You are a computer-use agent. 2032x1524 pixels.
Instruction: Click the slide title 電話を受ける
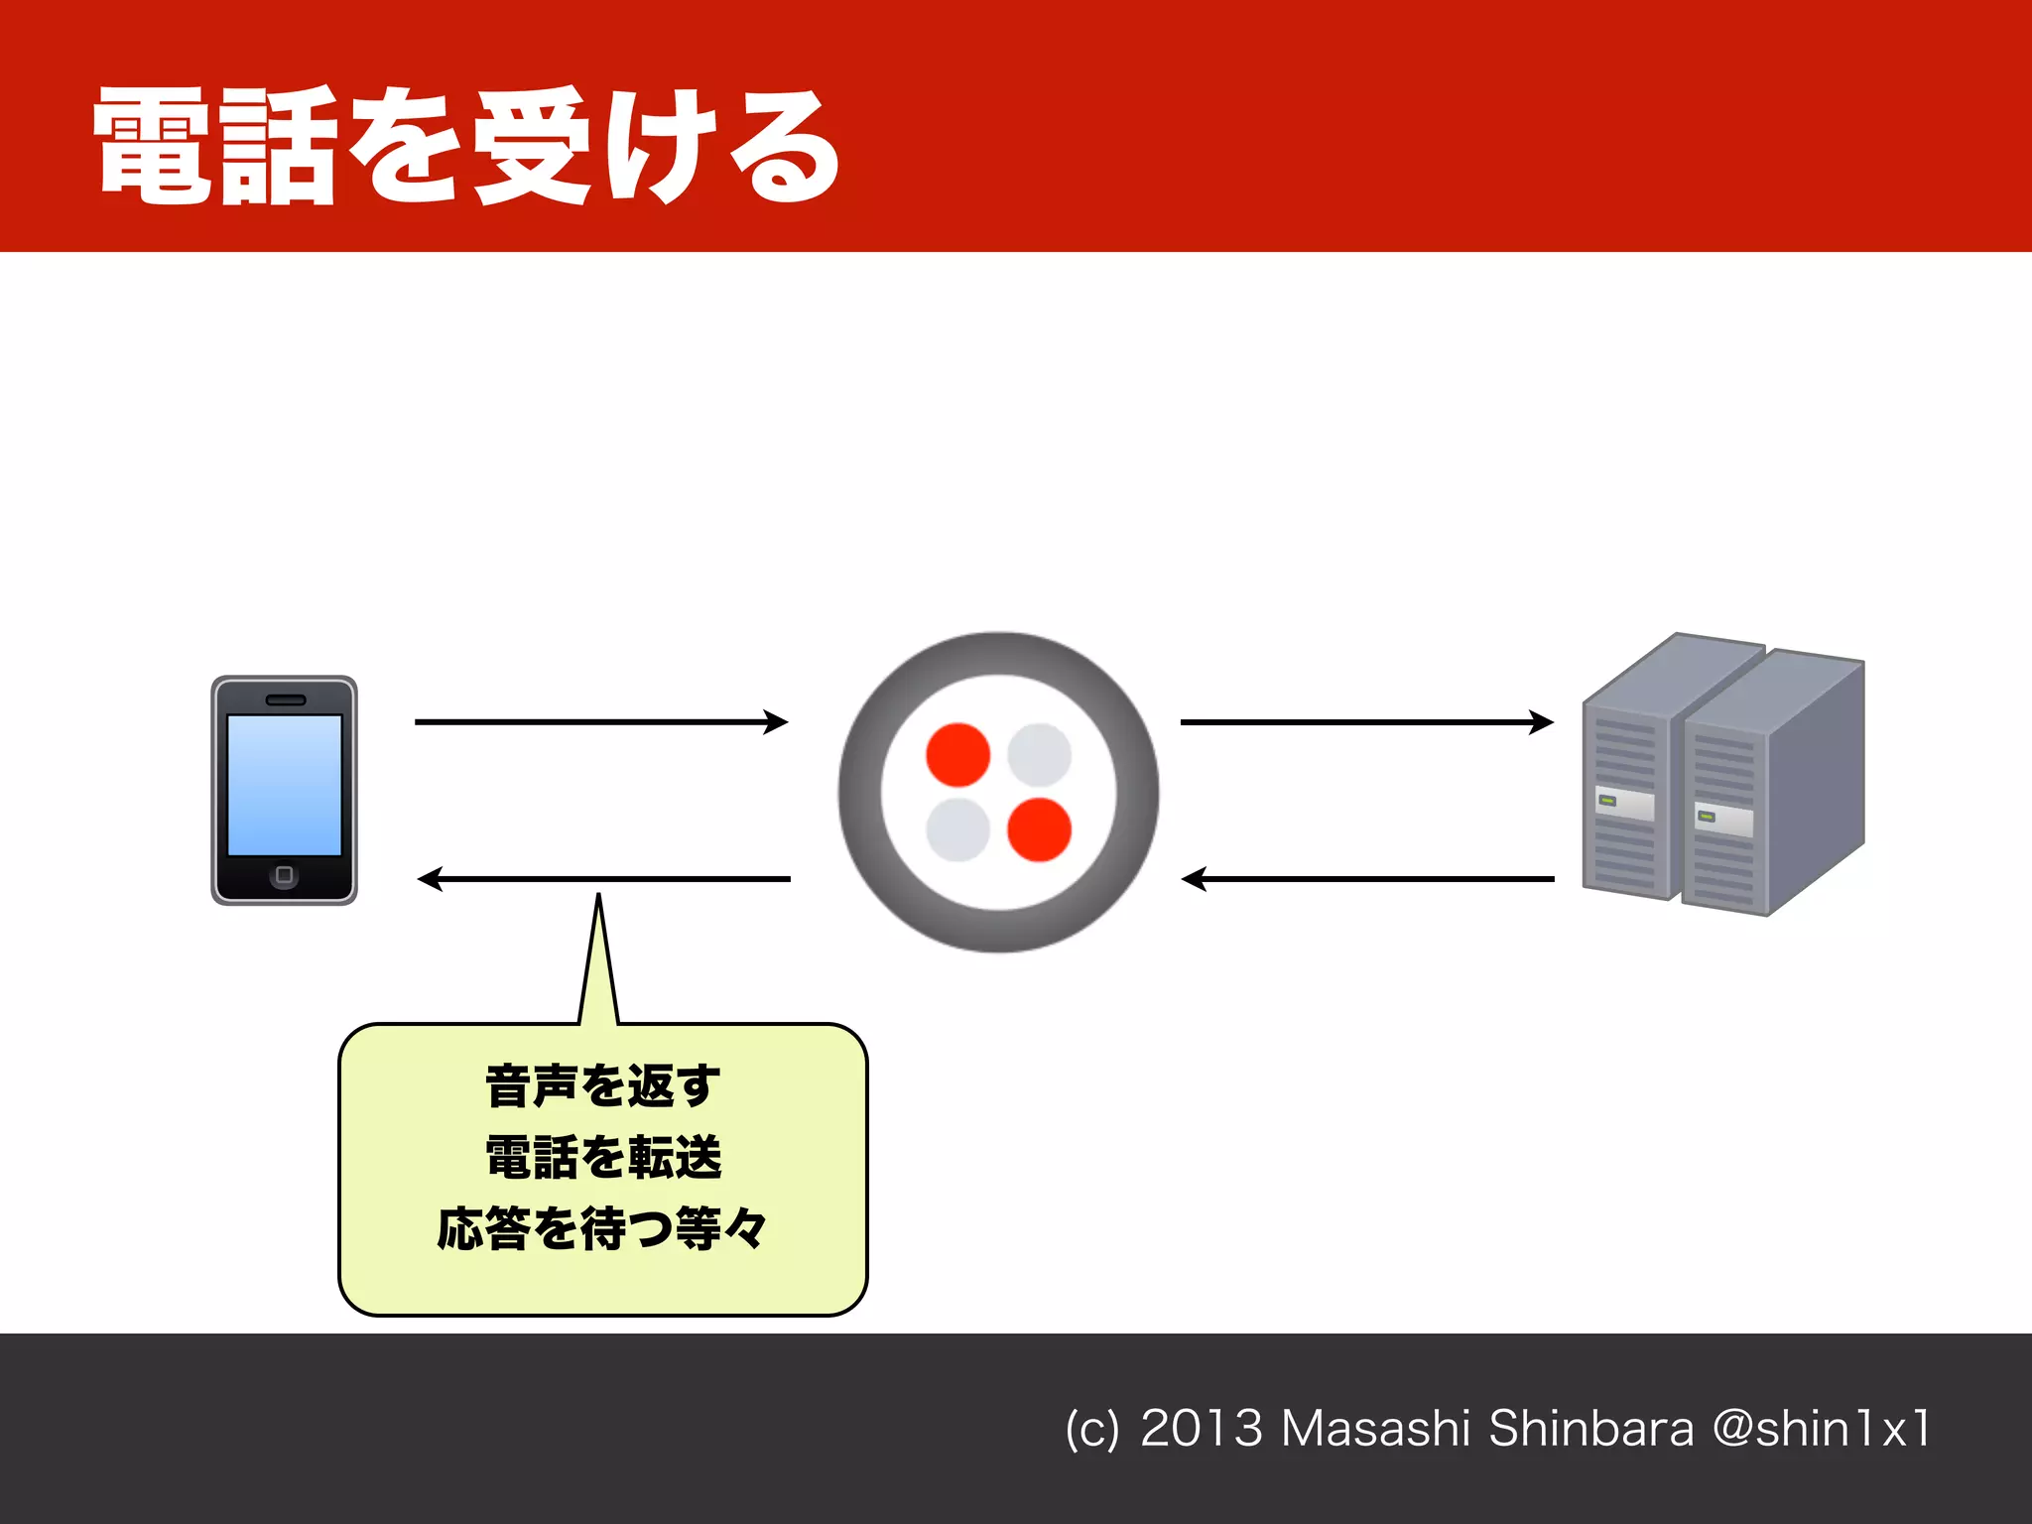[x=466, y=147]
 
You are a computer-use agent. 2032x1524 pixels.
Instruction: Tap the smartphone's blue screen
[x=285, y=785]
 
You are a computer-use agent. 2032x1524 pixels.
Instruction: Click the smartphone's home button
[x=284, y=875]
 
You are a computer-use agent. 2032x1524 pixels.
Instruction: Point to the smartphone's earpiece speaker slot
[x=286, y=700]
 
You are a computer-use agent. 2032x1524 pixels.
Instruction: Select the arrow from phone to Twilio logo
[x=600, y=722]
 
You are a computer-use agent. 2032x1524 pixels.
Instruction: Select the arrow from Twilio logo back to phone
[x=603, y=879]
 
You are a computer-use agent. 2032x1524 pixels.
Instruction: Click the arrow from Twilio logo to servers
[x=1366, y=722]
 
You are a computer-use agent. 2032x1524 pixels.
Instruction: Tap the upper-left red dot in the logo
[x=957, y=755]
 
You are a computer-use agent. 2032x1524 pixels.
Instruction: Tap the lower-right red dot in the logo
[x=1039, y=829]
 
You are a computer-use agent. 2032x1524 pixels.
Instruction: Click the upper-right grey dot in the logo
[x=1039, y=755]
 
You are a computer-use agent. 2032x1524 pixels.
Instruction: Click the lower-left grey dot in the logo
[x=957, y=829]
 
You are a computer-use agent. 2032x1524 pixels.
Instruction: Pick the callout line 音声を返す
[x=603, y=1085]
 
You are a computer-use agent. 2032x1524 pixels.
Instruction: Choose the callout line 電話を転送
[x=603, y=1158]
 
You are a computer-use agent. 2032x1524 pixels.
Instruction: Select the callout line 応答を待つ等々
[x=602, y=1229]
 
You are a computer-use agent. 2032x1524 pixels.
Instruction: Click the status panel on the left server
[x=1624, y=803]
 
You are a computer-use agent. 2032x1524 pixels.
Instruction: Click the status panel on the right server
[x=1723, y=821]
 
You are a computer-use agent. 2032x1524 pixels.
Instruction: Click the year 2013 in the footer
[x=1201, y=1429]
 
